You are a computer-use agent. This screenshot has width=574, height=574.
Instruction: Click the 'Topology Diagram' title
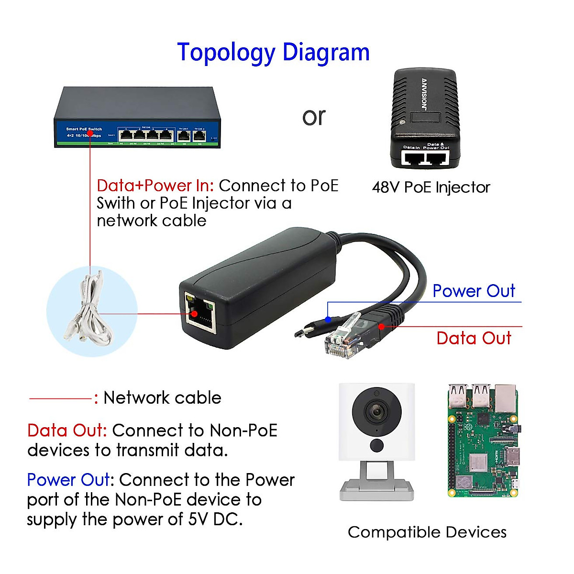pos(273,53)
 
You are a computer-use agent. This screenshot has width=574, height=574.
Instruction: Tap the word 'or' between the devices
pos(314,117)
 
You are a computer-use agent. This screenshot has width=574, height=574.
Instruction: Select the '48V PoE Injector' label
pos(431,187)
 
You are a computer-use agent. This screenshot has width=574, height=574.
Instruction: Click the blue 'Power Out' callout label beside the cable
pos(474,291)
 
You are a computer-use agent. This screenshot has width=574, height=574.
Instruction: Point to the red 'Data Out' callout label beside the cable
pos(474,338)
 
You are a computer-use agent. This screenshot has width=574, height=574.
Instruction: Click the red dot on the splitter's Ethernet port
pos(194,314)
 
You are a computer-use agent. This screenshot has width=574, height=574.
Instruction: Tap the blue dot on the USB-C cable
pos(328,319)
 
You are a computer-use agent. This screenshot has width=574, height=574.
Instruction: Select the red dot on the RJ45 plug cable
pos(381,326)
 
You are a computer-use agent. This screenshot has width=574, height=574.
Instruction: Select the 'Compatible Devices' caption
pos(427,532)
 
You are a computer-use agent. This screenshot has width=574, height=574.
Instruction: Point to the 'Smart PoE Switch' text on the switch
pos(84,129)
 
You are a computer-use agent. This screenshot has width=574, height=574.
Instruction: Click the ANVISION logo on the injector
pos(424,93)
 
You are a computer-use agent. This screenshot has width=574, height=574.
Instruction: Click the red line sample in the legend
pos(60,398)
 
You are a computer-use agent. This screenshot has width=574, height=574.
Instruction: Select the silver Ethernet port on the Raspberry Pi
pos(506,399)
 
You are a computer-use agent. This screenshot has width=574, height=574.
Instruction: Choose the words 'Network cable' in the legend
pos(162,398)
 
